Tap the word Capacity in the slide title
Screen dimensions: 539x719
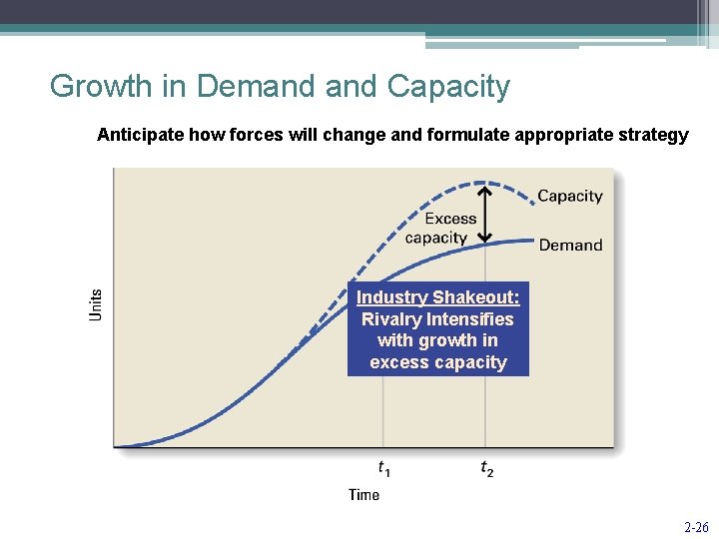click(448, 88)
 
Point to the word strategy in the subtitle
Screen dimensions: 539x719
click(654, 135)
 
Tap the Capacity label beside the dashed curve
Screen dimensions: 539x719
click(570, 196)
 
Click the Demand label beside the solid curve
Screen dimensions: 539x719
click(570, 245)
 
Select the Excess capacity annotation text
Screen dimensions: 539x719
click(437, 229)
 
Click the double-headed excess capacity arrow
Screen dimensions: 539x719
click(484, 214)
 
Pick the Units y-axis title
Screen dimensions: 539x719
click(97, 303)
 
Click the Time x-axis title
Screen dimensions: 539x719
click(363, 494)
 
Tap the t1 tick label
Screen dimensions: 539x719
click(383, 467)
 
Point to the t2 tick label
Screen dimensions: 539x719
click(486, 467)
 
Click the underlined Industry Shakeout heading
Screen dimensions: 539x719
click(437, 297)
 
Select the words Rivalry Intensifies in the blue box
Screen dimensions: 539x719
click(437, 319)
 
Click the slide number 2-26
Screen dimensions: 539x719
click(695, 527)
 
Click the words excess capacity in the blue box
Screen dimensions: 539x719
click(437, 362)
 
